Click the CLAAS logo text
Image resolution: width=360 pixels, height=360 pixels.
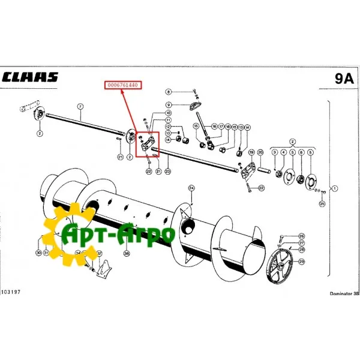click(31, 77)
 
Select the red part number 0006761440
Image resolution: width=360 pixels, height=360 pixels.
click(123, 86)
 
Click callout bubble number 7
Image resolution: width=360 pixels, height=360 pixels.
click(80, 107)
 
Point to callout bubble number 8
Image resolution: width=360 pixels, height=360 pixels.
click(169, 91)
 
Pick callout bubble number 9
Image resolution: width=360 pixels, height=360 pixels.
click(169, 106)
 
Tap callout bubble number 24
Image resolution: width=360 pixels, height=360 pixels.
click(191, 188)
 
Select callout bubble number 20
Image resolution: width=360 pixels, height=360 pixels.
click(260, 152)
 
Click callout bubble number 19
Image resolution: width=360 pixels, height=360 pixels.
click(251, 152)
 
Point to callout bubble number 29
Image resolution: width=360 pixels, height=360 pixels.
click(302, 262)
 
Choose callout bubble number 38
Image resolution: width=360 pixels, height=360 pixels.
click(127, 253)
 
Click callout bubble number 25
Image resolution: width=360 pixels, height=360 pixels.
click(322, 204)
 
